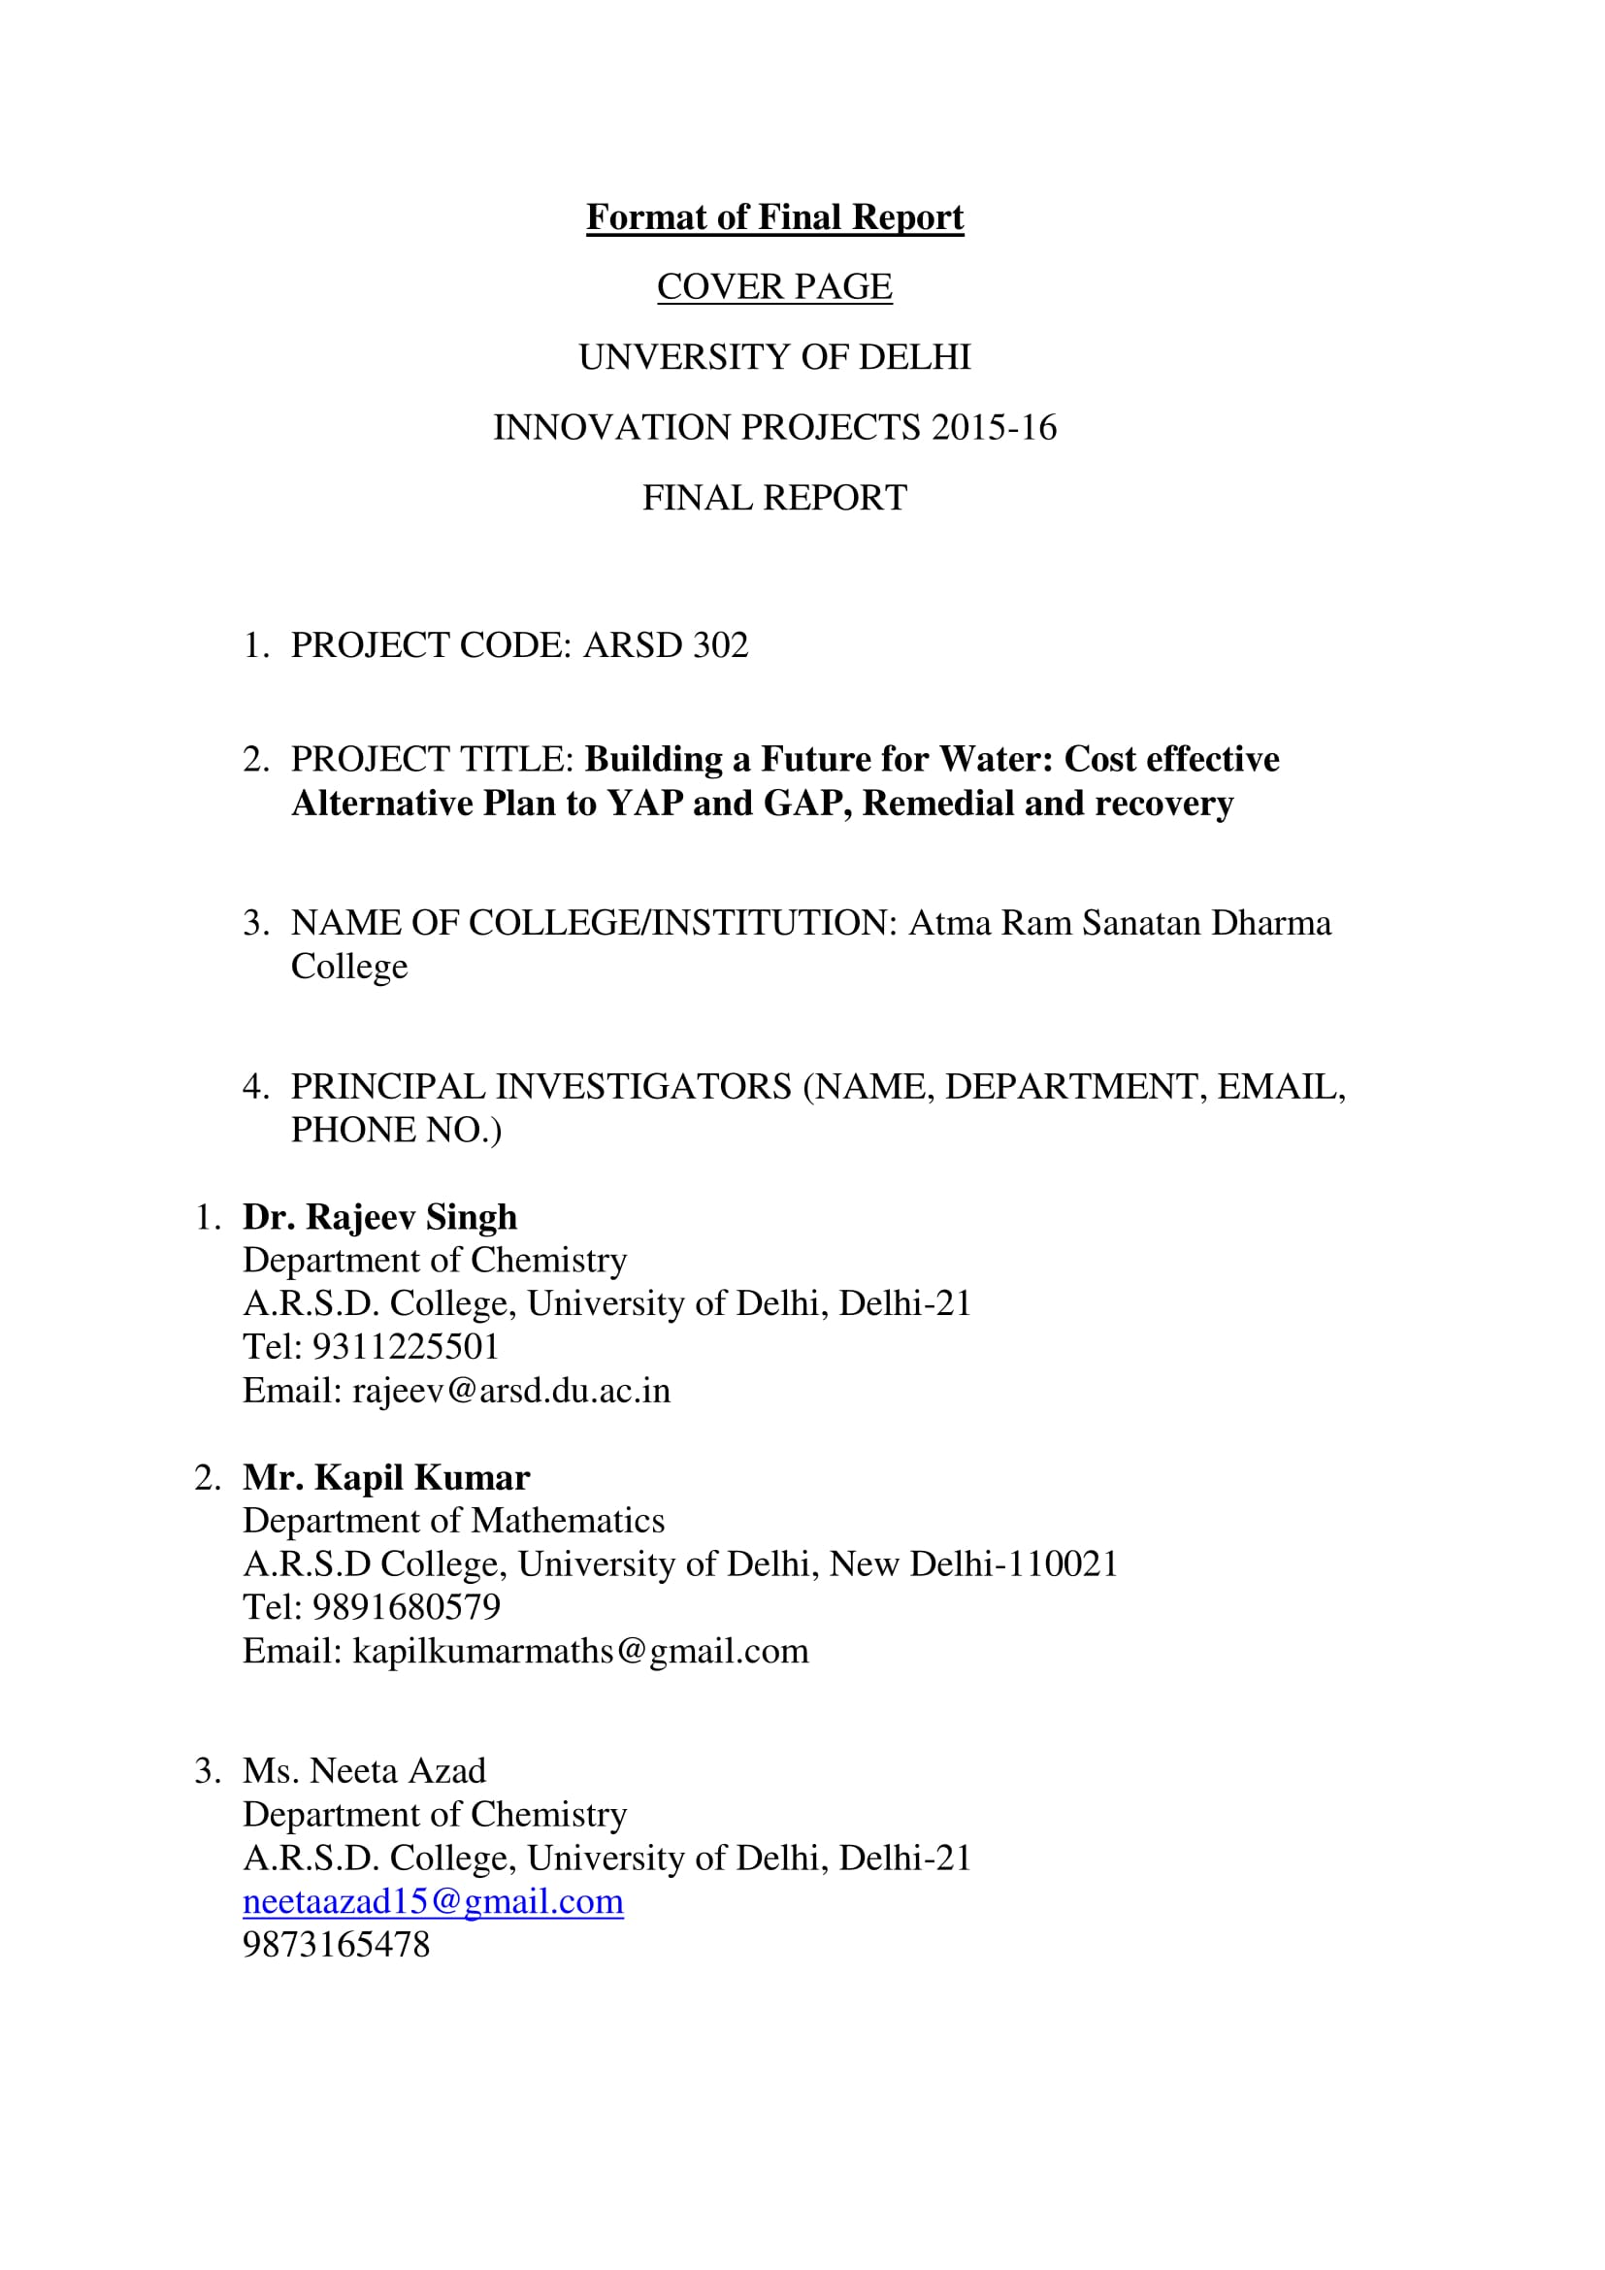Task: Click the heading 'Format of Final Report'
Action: coord(773,217)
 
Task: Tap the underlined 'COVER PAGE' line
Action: coord(773,286)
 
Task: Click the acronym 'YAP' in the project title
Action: coord(643,803)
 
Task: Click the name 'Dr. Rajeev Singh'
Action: coord(379,1216)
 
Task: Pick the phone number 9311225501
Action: coord(406,1347)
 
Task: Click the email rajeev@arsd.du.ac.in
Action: coord(511,1390)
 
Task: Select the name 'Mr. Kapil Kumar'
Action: coord(386,1477)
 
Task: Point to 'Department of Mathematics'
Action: coord(453,1521)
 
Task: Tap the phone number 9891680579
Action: coord(407,1606)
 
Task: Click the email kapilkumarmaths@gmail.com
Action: coord(580,1651)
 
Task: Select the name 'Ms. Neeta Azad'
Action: coord(365,1771)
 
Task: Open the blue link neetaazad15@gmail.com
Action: coord(433,1901)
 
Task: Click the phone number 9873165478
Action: coord(336,1945)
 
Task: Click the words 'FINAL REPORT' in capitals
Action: coord(773,497)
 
